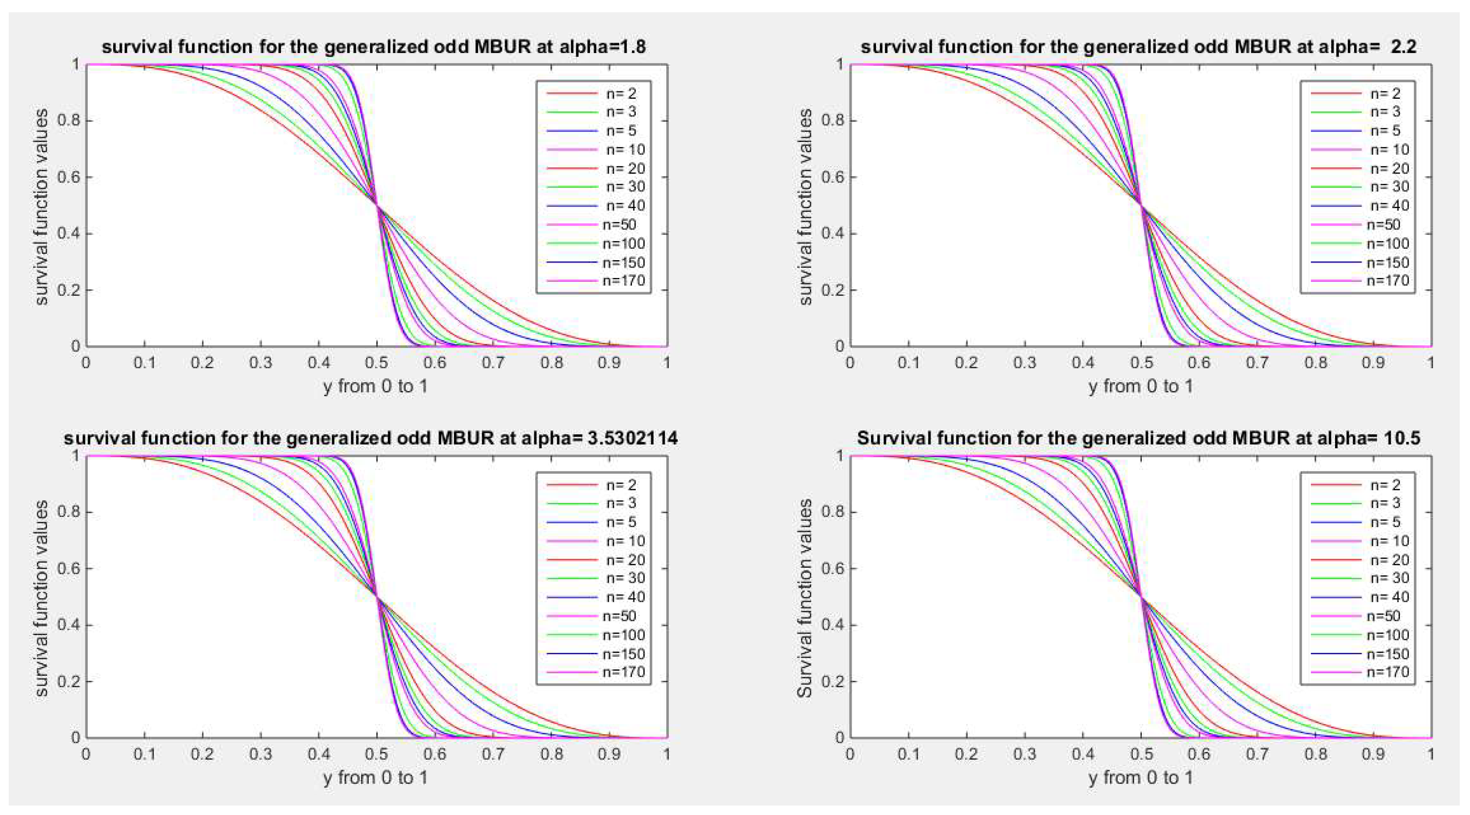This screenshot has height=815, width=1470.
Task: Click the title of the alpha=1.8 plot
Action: [374, 47]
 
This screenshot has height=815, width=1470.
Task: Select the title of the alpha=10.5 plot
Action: [1138, 438]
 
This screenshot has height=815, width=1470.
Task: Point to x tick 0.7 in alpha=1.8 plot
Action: [493, 363]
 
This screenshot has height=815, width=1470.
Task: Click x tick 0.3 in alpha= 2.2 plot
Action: [1024, 363]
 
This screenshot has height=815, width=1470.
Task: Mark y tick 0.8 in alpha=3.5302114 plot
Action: [68, 512]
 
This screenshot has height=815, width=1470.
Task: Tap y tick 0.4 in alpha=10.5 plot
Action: [832, 624]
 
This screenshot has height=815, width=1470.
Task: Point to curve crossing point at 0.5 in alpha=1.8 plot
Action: [377, 205]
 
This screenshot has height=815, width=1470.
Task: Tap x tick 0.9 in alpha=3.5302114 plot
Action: [609, 754]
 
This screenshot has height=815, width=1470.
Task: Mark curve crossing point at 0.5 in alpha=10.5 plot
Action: [1141, 597]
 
